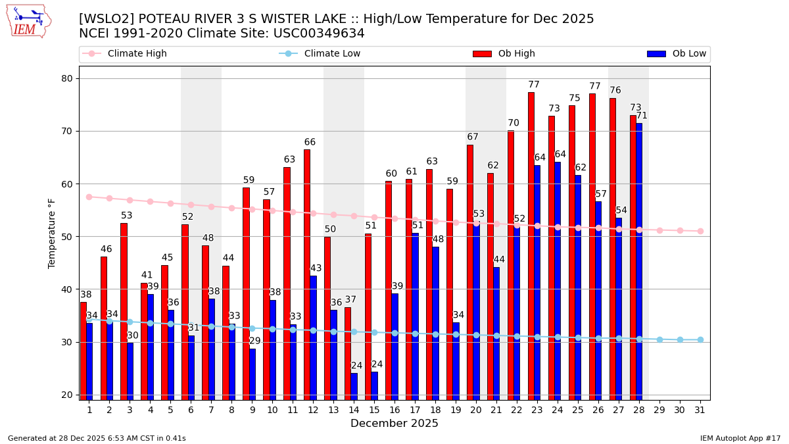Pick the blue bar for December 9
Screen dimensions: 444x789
pyautogui.click(x=252, y=374)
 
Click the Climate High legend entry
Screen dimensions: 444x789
pyautogui.click(x=125, y=54)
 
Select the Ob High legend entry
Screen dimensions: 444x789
pyautogui.click(x=504, y=54)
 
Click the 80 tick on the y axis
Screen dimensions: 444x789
pyautogui.click(x=66, y=79)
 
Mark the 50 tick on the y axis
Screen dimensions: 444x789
pyautogui.click(x=66, y=237)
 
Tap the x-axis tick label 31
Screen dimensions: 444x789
pyautogui.click(x=700, y=410)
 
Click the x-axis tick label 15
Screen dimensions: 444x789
pyautogui.click(x=375, y=410)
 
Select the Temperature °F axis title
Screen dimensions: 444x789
pyautogui.click(x=52, y=233)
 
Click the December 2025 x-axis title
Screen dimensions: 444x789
pyautogui.click(x=394, y=424)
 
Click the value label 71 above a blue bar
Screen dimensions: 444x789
pyautogui.click(x=642, y=116)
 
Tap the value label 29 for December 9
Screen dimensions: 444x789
pyautogui.click(x=255, y=341)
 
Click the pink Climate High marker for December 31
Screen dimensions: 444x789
pyautogui.click(x=700, y=231)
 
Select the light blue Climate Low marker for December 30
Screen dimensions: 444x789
pyautogui.click(x=680, y=339)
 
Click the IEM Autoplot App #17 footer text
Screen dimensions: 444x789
pyautogui.click(x=740, y=438)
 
